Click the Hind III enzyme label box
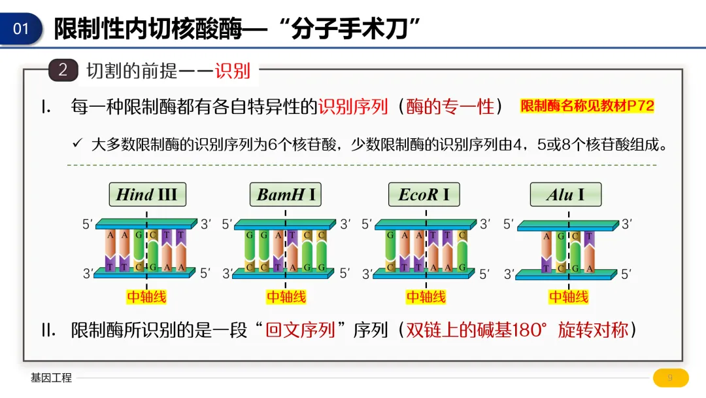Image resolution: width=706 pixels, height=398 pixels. pos(147,194)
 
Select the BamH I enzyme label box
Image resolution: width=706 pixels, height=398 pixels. pos(286,194)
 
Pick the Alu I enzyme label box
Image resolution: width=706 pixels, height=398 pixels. pos(565,194)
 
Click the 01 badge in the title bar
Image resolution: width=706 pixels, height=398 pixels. pos(22,29)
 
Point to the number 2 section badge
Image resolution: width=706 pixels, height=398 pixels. pos(63,70)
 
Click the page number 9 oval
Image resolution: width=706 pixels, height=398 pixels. pos(670,378)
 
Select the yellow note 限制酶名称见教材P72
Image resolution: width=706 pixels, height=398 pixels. pos(587,106)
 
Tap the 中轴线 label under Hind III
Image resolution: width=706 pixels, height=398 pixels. pos(146,297)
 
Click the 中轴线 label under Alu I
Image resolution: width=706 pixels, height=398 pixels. pos(568,297)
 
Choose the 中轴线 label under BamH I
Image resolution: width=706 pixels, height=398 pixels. pos(286,297)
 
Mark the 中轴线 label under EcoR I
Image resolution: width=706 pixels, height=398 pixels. pos(426,297)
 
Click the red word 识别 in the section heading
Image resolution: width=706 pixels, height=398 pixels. pos(233,71)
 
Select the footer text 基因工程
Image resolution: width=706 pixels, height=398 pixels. pos(51,378)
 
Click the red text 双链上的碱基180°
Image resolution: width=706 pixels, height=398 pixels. pos(476,329)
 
